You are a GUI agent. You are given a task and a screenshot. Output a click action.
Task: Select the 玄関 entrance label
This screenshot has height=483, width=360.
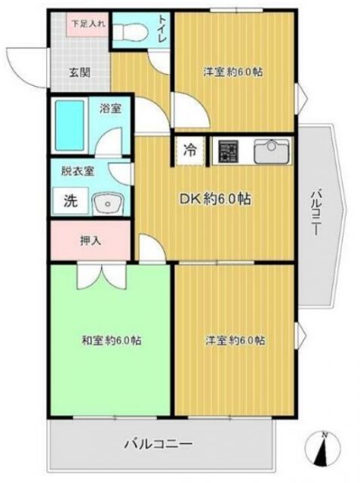point(81,73)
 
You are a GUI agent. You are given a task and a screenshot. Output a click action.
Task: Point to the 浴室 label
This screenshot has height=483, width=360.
point(110,108)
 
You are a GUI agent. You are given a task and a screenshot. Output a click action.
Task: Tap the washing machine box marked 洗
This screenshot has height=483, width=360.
point(69,202)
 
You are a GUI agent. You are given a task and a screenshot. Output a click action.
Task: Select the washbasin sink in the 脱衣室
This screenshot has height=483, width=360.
point(109,202)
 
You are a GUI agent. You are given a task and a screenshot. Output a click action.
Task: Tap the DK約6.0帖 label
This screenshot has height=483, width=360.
point(214,199)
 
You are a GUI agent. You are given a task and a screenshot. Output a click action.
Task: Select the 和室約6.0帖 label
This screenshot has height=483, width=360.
point(111,340)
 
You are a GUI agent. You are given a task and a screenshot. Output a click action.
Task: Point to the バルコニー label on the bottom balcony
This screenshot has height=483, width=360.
point(159,444)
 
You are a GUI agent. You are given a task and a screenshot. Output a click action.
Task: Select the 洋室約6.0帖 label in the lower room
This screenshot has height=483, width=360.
point(235,340)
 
